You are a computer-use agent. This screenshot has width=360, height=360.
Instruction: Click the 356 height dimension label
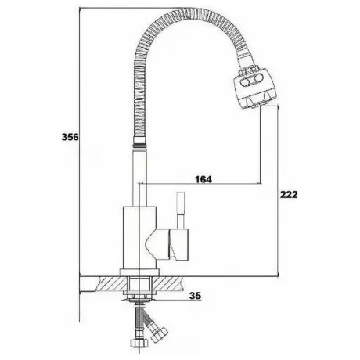coord(70,137)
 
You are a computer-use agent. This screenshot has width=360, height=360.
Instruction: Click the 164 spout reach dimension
coord(203,179)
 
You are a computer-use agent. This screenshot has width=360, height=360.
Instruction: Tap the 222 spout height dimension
coord(289,194)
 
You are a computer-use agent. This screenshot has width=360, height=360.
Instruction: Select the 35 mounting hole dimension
coord(196,296)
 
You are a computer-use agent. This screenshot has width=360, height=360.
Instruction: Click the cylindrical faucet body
coord(139,238)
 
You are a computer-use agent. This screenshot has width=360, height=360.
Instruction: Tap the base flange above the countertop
coord(139,272)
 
